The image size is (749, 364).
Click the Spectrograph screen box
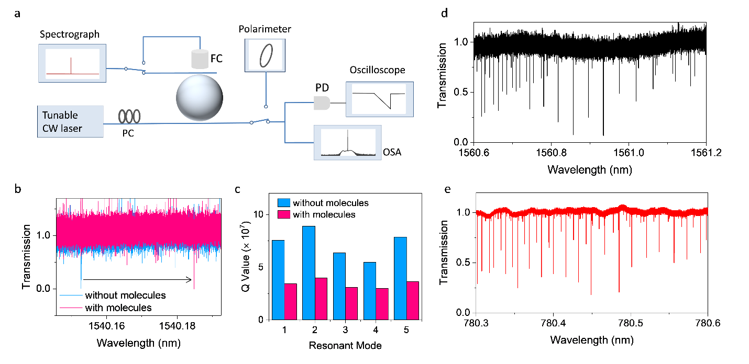coord(72,63)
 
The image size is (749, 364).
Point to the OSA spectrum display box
coord(347,142)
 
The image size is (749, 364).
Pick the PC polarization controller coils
coord(128,115)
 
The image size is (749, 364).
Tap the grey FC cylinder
coord(199,60)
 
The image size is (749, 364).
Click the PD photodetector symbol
coord(322,103)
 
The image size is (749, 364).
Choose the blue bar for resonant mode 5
coord(399,278)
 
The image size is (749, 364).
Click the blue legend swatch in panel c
coord(282,203)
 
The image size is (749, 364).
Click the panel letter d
coord(445,12)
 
